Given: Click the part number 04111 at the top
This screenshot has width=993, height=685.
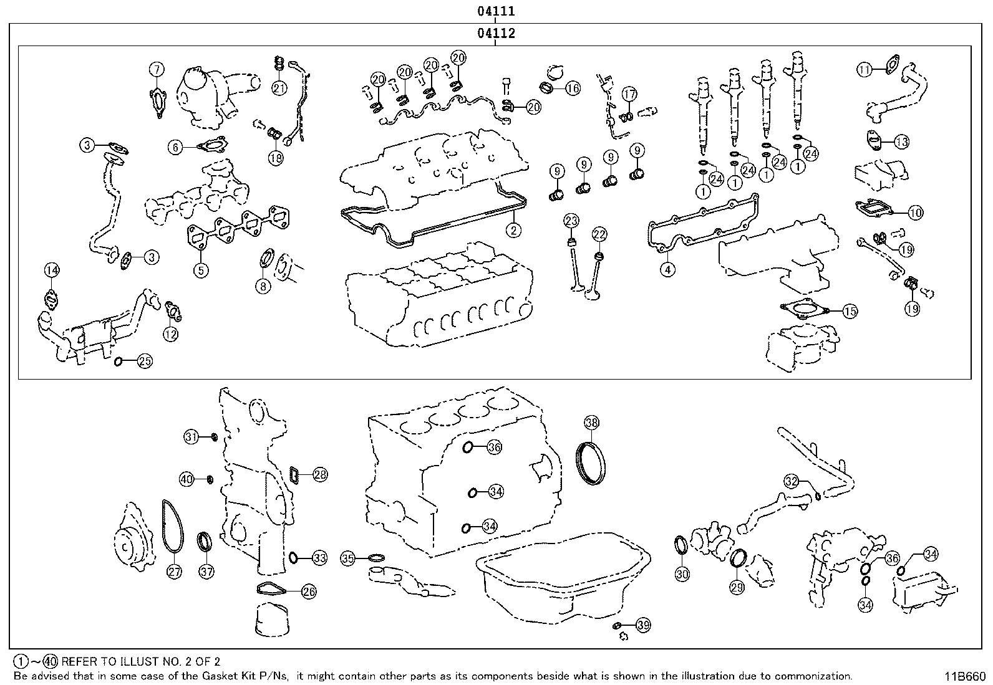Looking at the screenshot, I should tap(496, 11).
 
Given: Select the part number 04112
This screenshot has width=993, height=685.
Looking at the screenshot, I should tap(496, 34).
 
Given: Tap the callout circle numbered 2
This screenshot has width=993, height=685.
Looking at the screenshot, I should tap(513, 231).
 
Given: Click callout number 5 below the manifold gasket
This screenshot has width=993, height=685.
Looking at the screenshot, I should tap(201, 270).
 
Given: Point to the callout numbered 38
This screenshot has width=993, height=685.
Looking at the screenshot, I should tap(591, 422).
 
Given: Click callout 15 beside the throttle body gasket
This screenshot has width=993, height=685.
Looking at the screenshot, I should tap(850, 311).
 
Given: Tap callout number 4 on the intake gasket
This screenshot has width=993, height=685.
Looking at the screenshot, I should tap(667, 269).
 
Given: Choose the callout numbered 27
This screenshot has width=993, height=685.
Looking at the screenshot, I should tap(175, 571).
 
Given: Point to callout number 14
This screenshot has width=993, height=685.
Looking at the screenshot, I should tap(52, 270).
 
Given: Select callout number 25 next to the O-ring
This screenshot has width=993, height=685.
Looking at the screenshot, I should tap(145, 361).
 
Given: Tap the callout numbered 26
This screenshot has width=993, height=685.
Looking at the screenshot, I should tap(309, 592).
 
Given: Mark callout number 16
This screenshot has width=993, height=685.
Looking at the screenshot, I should tap(572, 88).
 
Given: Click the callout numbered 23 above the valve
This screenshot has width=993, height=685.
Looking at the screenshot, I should tap(571, 220).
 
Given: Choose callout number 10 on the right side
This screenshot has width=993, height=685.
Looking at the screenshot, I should tap(915, 213).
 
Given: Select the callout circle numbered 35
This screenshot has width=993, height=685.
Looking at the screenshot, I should tap(348, 558).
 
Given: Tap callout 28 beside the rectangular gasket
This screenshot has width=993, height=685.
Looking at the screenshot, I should tap(320, 475).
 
